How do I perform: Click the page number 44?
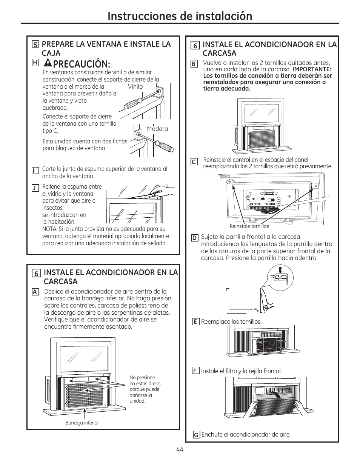tap(179, 449)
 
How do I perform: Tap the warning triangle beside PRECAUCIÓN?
tap(48, 63)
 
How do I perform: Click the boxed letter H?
tap(35, 63)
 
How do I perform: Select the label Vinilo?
tap(135, 86)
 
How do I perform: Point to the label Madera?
tap(157, 129)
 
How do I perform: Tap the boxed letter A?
tap(35, 292)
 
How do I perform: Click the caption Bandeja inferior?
tap(82, 423)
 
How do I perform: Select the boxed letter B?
tap(194, 64)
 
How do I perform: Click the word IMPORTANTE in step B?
tap(312, 69)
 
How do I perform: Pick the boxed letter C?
tap(194, 162)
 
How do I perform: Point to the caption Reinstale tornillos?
tap(249, 226)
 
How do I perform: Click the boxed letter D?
tap(195, 238)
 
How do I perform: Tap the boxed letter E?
tap(195, 321)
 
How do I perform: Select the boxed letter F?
tap(195, 371)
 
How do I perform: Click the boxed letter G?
tap(196, 435)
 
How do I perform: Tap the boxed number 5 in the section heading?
tap(35, 45)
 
